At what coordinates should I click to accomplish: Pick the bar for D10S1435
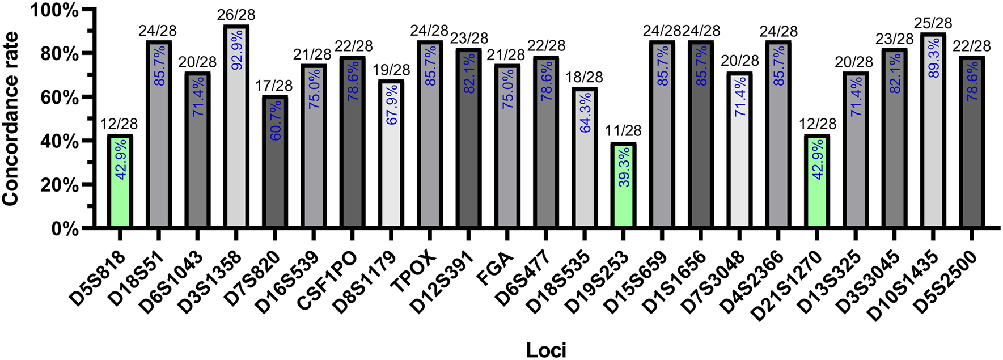(933, 130)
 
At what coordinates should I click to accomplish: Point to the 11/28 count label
(624, 132)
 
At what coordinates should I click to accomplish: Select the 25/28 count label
(933, 23)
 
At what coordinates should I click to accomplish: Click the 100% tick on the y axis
(55, 10)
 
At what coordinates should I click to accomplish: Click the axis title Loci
(545, 350)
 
